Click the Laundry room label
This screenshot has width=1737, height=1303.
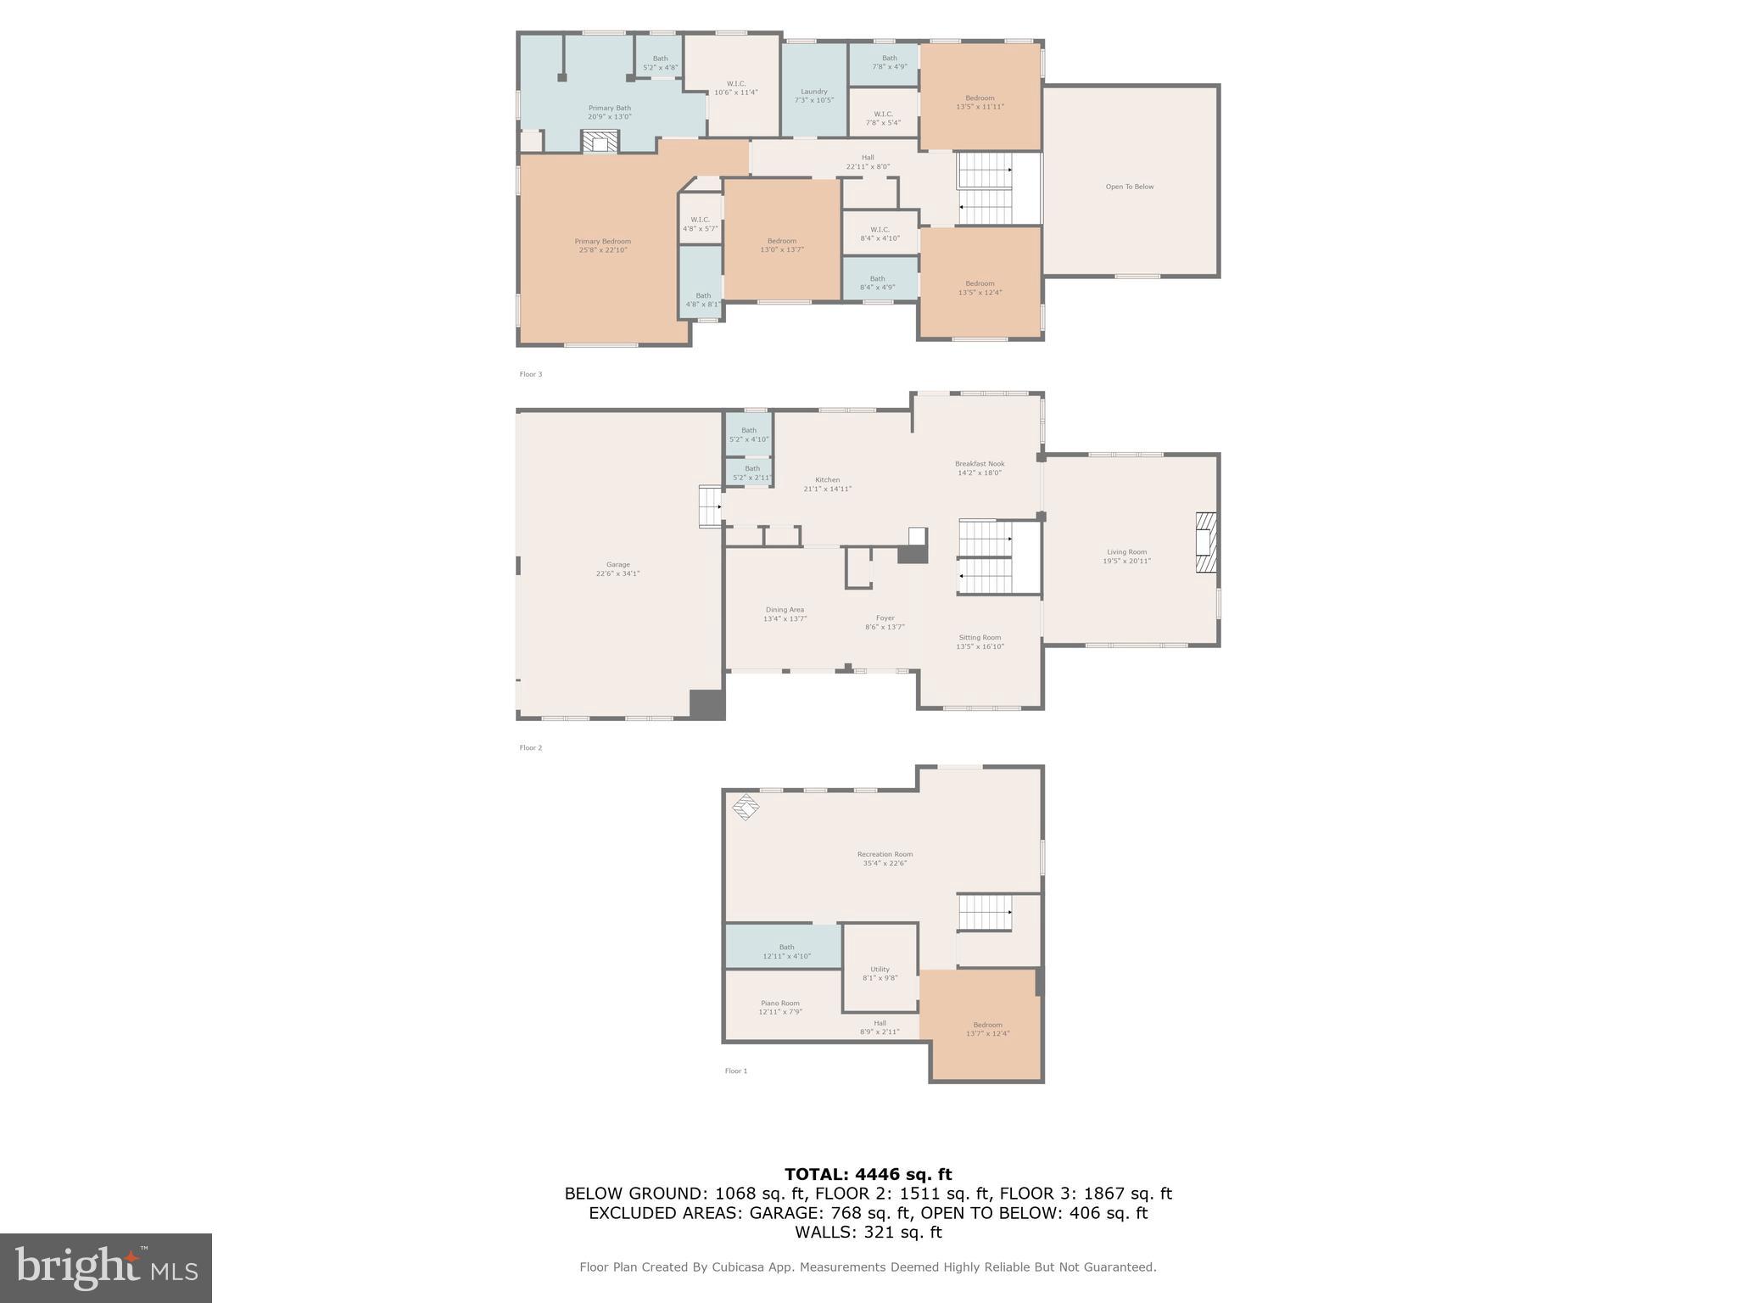pyautogui.click(x=813, y=96)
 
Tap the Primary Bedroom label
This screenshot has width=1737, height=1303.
pyautogui.click(x=603, y=246)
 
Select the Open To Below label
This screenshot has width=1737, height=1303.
pyautogui.click(x=1130, y=187)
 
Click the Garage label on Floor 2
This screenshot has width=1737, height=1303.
pyautogui.click(x=617, y=569)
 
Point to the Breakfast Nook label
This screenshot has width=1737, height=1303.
pyautogui.click(x=980, y=468)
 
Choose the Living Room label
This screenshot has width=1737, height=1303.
pyautogui.click(x=1126, y=556)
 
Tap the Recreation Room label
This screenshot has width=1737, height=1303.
pyautogui.click(x=885, y=858)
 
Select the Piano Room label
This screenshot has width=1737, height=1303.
pyautogui.click(x=780, y=1007)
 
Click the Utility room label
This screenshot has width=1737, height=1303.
pyautogui.click(x=880, y=973)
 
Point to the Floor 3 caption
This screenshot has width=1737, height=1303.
pyautogui.click(x=530, y=374)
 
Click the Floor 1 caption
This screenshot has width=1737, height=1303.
pyautogui.click(x=735, y=1071)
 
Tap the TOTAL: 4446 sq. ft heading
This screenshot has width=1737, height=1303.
pyautogui.click(x=868, y=1174)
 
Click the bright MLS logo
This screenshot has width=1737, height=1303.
pyautogui.click(x=106, y=1267)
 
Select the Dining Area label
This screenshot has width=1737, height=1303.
pyautogui.click(x=785, y=614)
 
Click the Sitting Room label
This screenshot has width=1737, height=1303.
pyautogui.click(x=980, y=642)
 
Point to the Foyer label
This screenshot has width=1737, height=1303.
pyautogui.click(x=885, y=623)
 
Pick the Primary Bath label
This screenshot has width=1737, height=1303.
pyautogui.click(x=610, y=112)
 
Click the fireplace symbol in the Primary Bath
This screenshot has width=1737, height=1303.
pyautogui.click(x=600, y=142)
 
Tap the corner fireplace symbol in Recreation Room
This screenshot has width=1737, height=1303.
pyautogui.click(x=746, y=807)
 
